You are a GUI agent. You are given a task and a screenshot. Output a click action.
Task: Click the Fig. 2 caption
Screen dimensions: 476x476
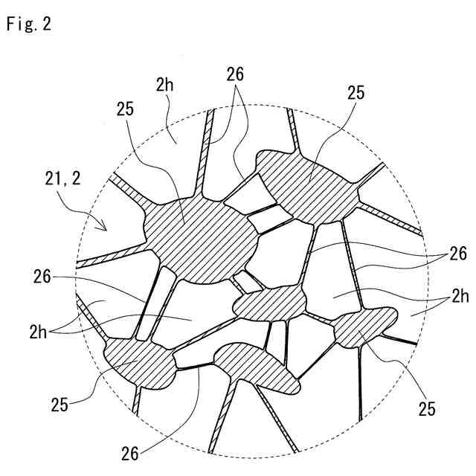click(28, 24)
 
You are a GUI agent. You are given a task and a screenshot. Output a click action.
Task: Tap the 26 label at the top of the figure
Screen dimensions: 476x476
click(235, 75)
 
